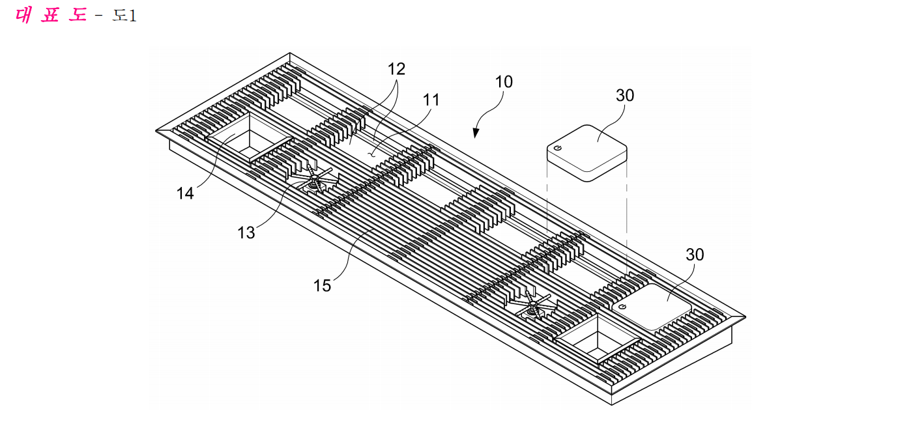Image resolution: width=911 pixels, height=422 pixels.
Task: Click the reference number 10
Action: (x=504, y=82)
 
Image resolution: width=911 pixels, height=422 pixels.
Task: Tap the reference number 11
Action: (x=431, y=100)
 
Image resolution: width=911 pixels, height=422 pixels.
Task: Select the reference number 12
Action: (x=396, y=69)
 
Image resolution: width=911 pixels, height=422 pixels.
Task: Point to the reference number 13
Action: (x=246, y=233)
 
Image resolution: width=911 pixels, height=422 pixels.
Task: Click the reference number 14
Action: (x=185, y=193)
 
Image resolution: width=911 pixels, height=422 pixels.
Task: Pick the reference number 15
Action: (x=322, y=286)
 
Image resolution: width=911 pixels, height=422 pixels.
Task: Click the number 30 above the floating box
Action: (x=625, y=96)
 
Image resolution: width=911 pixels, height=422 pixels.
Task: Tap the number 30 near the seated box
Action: (x=695, y=255)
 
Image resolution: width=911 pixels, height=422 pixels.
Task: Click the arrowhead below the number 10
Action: (x=476, y=133)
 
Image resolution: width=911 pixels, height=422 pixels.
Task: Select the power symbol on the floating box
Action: (x=558, y=148)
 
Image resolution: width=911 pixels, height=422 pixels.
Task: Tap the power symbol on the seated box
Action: (x=622, y=307)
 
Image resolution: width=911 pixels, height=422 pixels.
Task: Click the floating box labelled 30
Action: (x=587, y=153)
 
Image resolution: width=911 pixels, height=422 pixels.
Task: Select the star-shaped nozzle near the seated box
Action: (x=533, y=305)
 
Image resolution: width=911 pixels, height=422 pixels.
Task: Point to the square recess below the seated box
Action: (x=598, y=339)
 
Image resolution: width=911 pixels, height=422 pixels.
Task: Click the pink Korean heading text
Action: (x=51, y=16)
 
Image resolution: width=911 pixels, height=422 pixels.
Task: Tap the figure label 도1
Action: (x=124, y=16)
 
